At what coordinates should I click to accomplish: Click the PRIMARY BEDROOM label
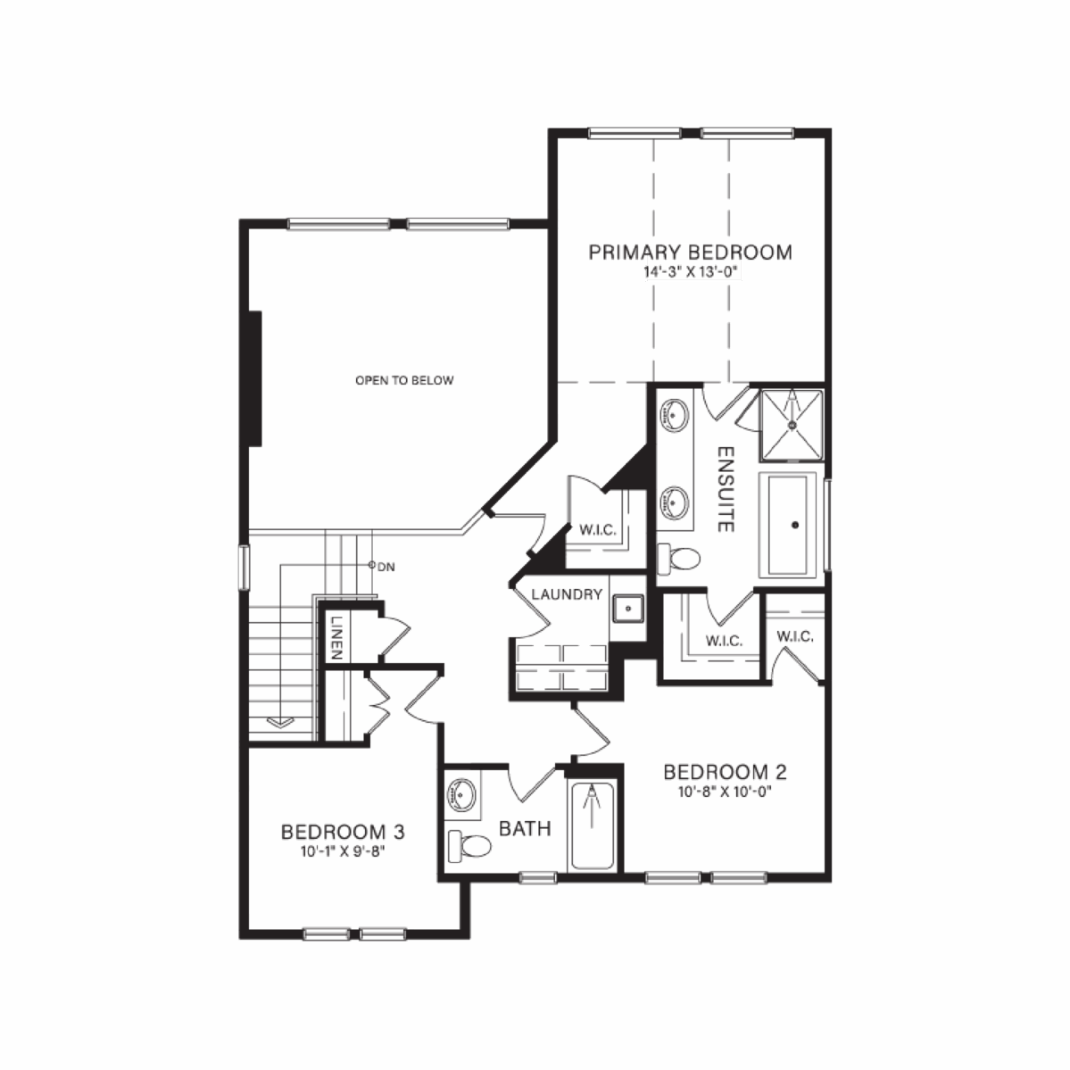(690, 252)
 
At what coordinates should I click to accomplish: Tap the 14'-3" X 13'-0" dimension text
(690, 271)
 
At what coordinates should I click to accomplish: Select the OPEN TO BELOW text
(404, 380)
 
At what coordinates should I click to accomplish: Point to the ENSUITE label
(726, 489)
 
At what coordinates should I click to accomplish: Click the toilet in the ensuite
(678, 559)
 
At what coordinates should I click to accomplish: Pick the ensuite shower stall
(792, 424)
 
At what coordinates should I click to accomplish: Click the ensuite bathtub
(788, 525)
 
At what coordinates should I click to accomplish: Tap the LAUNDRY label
(567, 594)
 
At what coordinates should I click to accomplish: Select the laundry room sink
(627, 608)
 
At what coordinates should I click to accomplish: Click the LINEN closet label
(336, 637)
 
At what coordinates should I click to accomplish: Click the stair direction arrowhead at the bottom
(280, 721)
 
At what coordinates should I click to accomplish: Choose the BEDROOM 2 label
(725, 772)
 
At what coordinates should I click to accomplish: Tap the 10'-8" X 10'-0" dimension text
(725, 792)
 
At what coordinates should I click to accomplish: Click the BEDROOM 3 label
(343, 832)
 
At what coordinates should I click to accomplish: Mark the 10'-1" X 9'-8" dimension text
(343, 851)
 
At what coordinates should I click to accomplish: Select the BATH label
(525, 828)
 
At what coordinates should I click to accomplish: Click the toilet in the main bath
(469, 846)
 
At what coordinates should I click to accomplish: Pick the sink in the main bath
(462, 795)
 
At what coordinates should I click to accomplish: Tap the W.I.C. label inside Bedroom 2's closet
(795, 636)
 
